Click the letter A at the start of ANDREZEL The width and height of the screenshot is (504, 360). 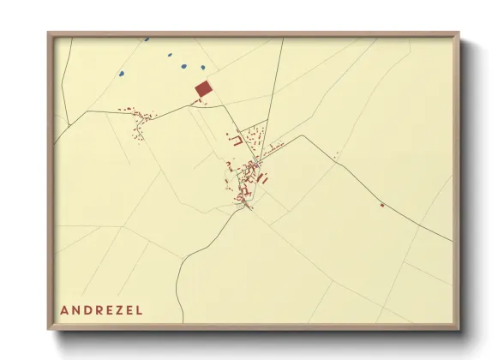point(64,310)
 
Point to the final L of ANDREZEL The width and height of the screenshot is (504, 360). point(140,310)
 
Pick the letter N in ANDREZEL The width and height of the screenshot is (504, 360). point(75,310)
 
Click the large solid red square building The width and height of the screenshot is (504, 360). point(203,88)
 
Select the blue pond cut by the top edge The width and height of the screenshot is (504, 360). point(147,39)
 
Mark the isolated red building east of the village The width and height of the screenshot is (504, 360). point(382,205)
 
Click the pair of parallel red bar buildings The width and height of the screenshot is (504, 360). point(263,179)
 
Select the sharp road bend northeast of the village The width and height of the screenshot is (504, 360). point(299,135)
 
